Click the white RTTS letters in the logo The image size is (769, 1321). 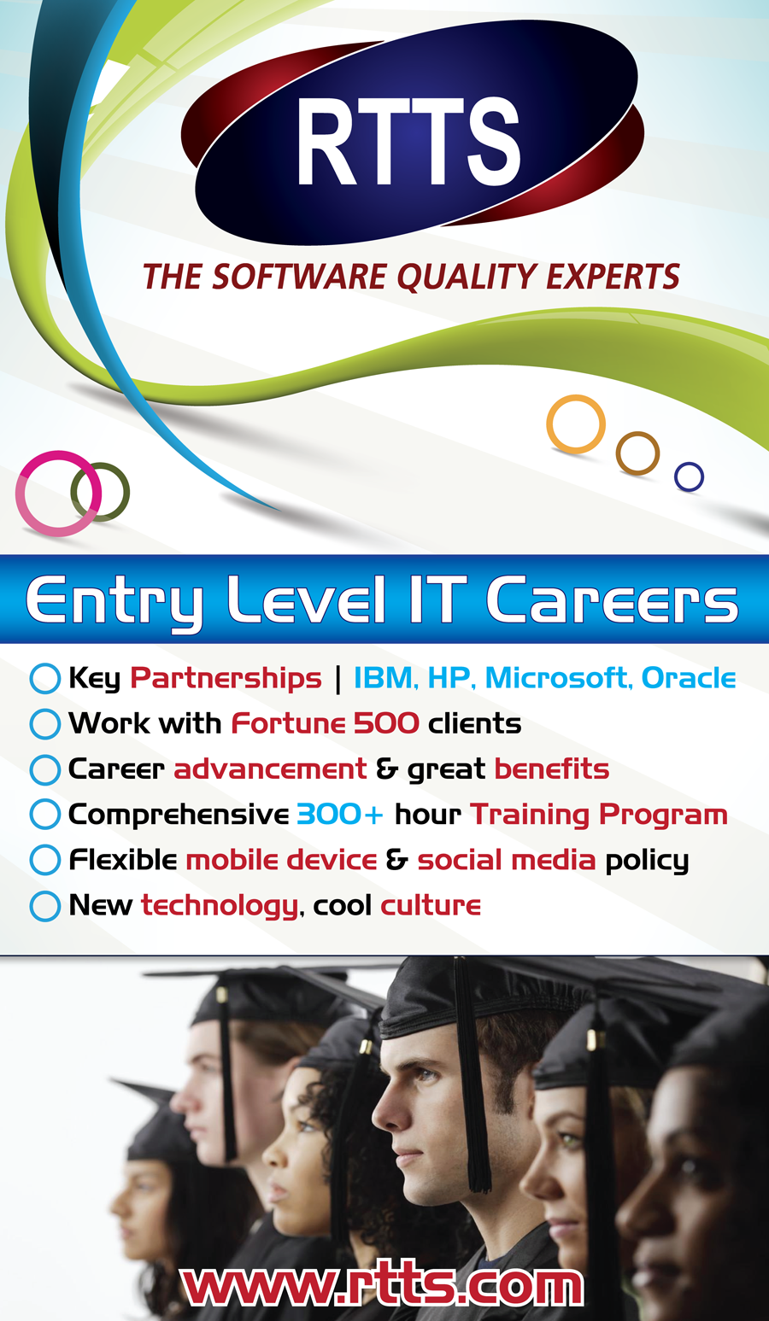coord(408,142)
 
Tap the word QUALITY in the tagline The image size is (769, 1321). coord(467,278)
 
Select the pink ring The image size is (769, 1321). coord(58,494)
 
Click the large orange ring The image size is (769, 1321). coord(575,424)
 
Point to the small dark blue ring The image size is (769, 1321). coord(689,476)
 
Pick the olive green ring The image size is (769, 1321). coord(100,492)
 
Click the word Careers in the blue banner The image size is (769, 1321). coord(612,600)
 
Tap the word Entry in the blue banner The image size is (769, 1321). coord(115,603)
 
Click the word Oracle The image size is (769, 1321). coord(689,678)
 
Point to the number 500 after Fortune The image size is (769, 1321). coord(386,723)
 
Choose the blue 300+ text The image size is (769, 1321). coord(340,815)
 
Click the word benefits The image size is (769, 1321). coord(552,769)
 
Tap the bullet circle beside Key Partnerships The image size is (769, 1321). coord(44,678)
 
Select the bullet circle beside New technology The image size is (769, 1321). coord(44,906)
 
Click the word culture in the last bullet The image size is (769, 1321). coord(431,906)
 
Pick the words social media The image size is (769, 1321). coord(507,861)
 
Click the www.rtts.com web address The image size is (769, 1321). coord(383,1286)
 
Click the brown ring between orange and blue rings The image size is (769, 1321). coord(637,453)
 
